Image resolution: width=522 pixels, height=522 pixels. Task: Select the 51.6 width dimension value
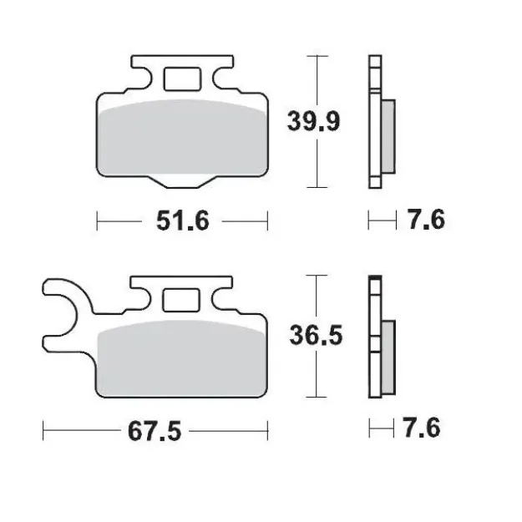pyautogui.click(x=183, y=221)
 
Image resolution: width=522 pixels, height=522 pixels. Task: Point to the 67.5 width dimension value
pyautogui.click(x=155, y=432)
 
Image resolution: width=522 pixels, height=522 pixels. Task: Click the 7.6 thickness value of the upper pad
pyautogui.click(x=425, y=221)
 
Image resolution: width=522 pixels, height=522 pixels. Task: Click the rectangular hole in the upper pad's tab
pyautogui.click(x=182, y=79)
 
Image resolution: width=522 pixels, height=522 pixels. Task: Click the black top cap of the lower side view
pyautogui.click(x=374, y=278)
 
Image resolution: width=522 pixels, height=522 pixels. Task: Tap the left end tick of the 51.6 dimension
pyautogui.click(x=99, y=221)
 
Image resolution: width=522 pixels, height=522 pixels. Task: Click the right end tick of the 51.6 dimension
pyautogui.click(x=266, y=221)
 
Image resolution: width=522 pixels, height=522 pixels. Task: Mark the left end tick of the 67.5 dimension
pyautogui.click(x=43, y=432)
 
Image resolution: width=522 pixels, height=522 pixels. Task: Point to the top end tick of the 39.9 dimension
pyautogui.click(x=315, y=56)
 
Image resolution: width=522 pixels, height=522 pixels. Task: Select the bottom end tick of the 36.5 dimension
pyautogui.click(x=315, y=396)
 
